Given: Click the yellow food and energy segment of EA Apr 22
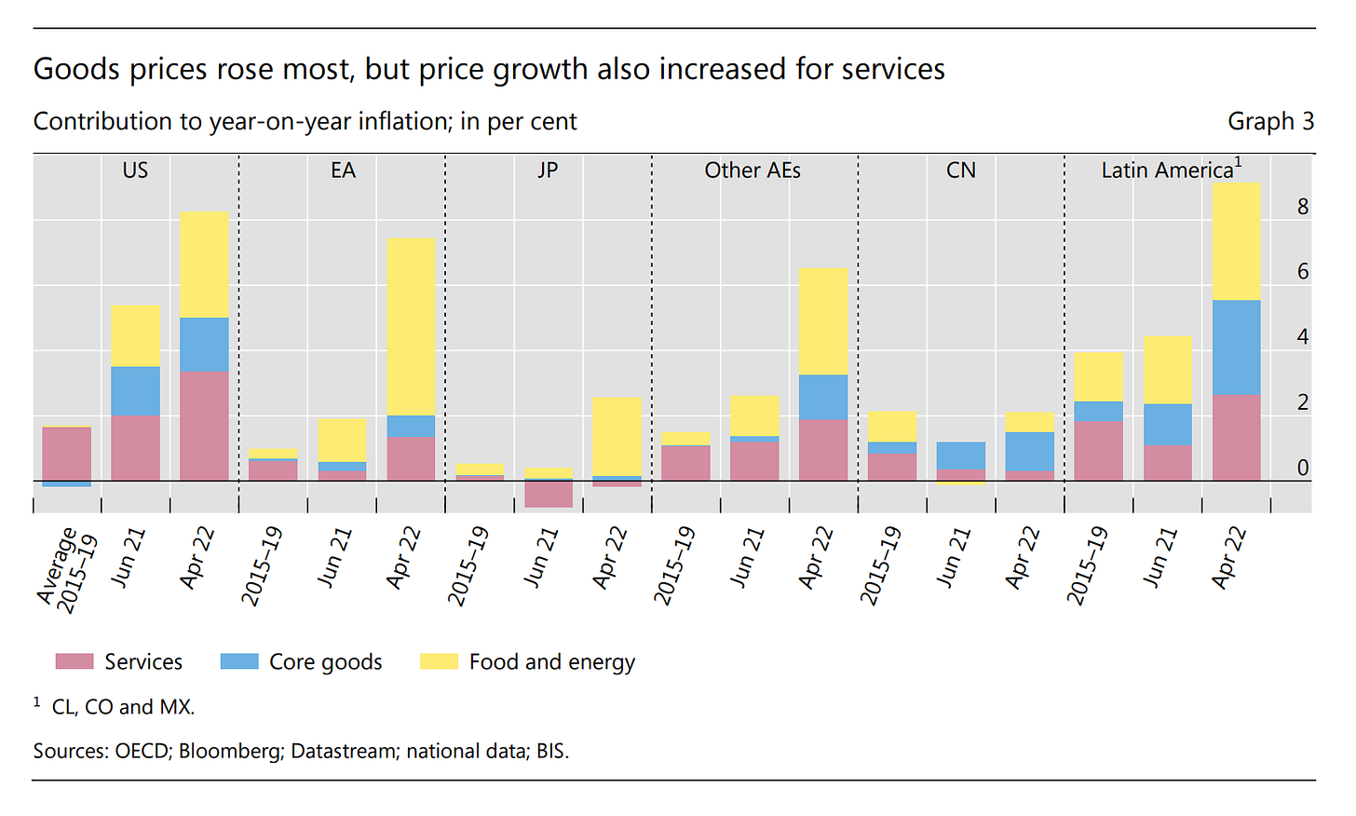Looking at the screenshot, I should tap(411, 326).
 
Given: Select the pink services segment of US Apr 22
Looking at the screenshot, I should tap(204, 426).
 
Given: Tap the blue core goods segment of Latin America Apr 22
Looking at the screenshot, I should tap(1236, 347).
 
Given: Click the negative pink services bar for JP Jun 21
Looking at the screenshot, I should tap(549, 494).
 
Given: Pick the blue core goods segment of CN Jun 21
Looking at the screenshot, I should tap(961, 456).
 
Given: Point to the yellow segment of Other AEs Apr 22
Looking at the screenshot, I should tap(823, 321).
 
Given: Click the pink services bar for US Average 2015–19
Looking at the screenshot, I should tap(67, 454).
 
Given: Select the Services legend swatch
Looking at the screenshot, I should tap(75, 661).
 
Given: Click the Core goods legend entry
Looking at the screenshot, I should tap(325, 661).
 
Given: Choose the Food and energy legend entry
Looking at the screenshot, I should tap(551, 661).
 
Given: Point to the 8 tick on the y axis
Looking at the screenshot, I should tap(1303, 207).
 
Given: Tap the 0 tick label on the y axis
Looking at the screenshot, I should tap(1303, 468).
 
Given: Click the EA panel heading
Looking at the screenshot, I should tap(343, 170).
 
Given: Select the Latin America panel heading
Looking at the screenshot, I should tap(1167, 170).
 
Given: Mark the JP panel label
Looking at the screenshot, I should tap(548, 170).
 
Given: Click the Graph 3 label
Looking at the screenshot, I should tap(1270, 121).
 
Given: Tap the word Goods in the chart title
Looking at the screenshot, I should tap(76, 69).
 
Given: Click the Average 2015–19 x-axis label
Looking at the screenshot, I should tap(67, 568).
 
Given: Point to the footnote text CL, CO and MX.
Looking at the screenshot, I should tap(123, 707).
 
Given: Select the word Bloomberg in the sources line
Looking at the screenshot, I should tap(231, 751).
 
